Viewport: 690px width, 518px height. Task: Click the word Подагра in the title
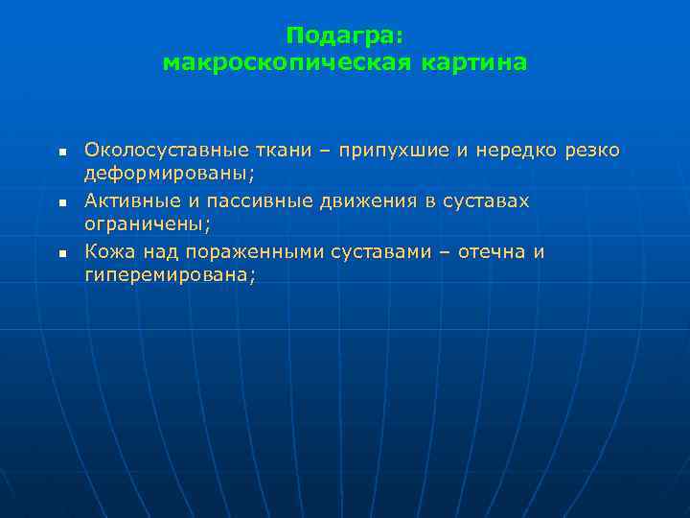pyautogui.click(x=341, y=35)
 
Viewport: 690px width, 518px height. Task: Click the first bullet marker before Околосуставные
pyautogui.click(x=59, y=153)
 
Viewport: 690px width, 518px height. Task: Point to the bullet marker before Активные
pyautogui.click(x=59, y=203)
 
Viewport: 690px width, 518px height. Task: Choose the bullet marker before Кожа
pyautogui.click(x=59, y=254)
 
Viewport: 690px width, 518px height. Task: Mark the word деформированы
pyautogui.click(x=168, y=176)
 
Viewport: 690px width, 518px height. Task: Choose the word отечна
pyautogui.click(x=487, y=251)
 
